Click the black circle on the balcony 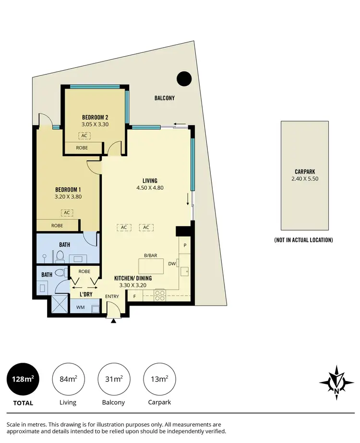point(184,78)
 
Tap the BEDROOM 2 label point(95,117)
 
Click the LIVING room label point(150,180)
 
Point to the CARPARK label point(305,171)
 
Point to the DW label point(172,263)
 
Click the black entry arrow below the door point(113,321)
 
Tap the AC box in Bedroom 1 point(67,212)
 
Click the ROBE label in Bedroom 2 point(82,148)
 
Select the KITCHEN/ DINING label point(133,278)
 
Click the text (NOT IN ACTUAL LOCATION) point(303,240)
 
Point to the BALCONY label point(164,98)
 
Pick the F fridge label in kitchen point(134,296)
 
